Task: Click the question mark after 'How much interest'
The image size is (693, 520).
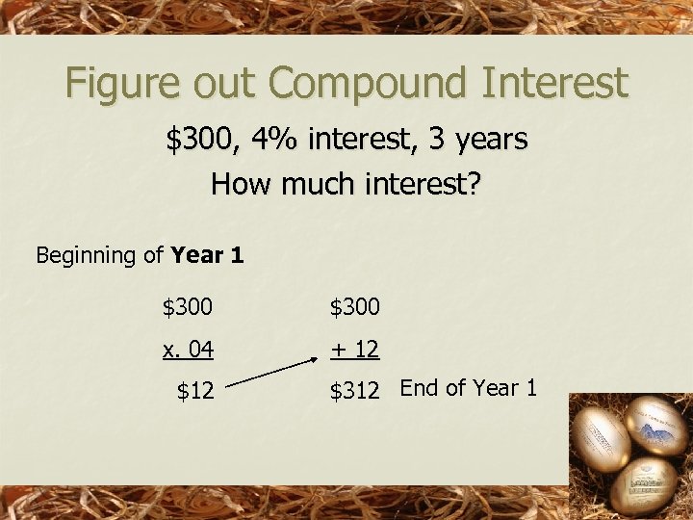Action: pos(472,183)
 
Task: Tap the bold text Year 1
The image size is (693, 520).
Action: pos(207,255)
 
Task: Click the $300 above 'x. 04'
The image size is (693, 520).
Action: pos(189,308)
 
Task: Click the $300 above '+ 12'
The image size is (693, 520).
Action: pos(355,308)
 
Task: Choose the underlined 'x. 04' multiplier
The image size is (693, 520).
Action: pos(189,350)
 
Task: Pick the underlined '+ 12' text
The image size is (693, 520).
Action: pos(355,350)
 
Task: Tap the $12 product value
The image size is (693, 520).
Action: pos(195,391)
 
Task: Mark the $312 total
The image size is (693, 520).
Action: pos(355,391)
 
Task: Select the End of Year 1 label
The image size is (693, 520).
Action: pos(469,388)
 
